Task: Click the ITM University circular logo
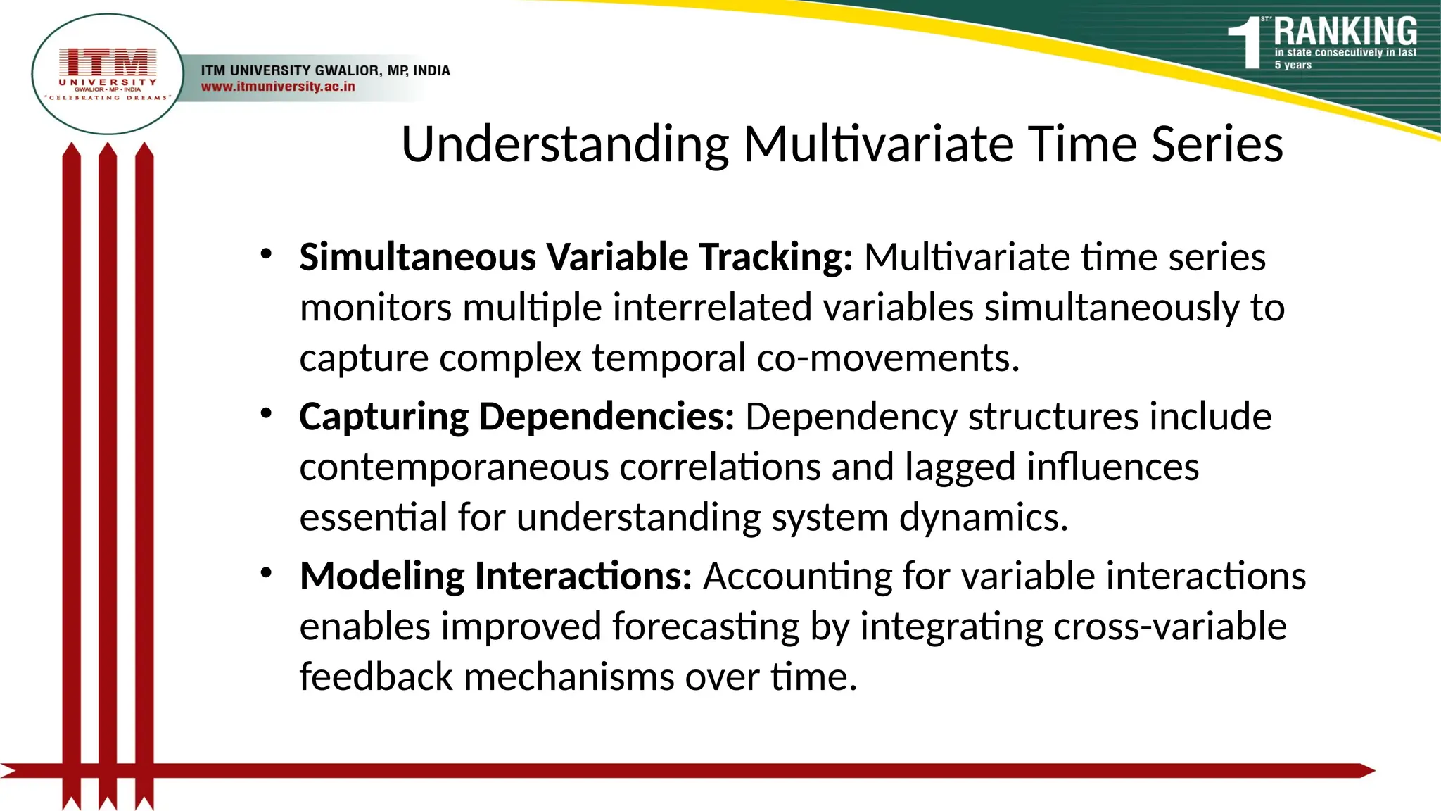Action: point(108,74)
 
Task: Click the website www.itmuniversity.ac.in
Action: point(278,87)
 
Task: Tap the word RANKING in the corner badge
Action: point(1345,32)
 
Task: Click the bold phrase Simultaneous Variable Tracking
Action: point(575,257)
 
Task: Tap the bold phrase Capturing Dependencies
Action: point(516,416)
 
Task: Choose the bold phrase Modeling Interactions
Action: point(495,576)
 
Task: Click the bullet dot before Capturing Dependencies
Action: point(266,413)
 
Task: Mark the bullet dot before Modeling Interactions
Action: point(266,573)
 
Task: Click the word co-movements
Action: point(887,358)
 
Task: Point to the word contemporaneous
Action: point(454,467)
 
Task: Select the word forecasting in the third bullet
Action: point(706,627)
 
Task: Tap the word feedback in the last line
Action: point(376,677)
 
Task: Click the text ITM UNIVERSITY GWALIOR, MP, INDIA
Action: point(325,70)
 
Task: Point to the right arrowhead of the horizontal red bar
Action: point(1366,771)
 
